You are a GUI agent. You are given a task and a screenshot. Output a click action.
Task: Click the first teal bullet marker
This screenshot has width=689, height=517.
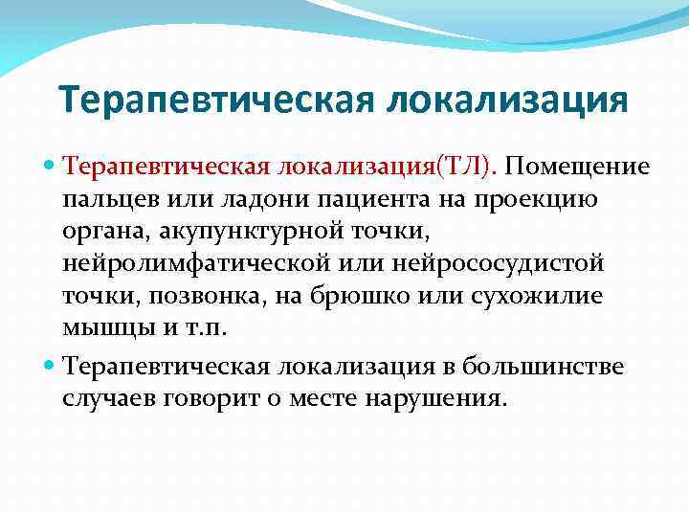pos(51,168)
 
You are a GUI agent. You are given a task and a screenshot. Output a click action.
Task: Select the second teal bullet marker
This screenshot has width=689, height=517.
pos(51,365)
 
